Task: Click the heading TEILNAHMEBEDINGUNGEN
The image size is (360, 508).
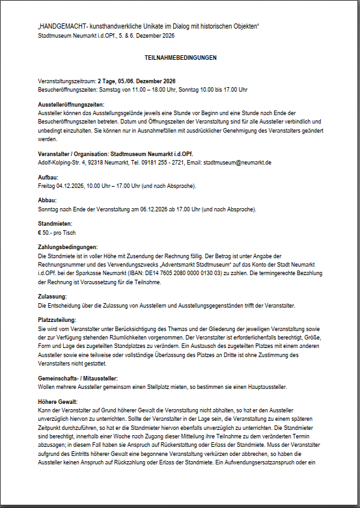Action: (180, 58)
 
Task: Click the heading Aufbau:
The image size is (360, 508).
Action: (49, 178)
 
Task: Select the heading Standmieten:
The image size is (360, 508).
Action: (55, 224)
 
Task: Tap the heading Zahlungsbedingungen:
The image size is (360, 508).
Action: (68, 247)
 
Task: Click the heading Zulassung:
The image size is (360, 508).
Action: (53, 297)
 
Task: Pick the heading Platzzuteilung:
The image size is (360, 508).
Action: (57, 320)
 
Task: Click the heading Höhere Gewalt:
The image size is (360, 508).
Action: (58, 402)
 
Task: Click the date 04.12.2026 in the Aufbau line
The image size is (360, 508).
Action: (72, 186)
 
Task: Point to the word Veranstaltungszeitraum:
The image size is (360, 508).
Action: (66, 81)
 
